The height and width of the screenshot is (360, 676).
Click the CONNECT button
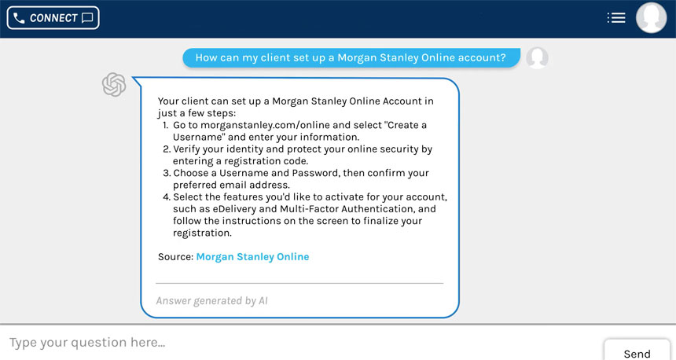click(53, 17)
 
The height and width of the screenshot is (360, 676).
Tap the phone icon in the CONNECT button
click(19, 17)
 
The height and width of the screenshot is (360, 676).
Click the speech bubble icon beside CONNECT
click(87, 17)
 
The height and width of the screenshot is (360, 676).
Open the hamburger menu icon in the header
click(616, 17)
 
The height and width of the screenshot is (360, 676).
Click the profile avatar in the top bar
click(651, 17)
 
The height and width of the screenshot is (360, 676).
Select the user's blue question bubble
click(351, 57)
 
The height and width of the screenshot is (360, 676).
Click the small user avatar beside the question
click(537, 57)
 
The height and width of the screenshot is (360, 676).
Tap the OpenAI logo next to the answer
click(115, 84)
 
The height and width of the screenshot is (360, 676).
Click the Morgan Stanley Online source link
click(252, 257)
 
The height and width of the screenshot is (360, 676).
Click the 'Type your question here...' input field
click(299, 343)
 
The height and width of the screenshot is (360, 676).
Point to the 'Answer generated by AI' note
click(212, 300)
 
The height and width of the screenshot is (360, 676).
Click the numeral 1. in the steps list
click(165, 125)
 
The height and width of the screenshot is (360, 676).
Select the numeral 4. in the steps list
click(165, 197)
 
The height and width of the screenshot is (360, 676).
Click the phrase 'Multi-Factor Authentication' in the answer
click(346, 209)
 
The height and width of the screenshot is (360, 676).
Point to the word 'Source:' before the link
click(175, 257)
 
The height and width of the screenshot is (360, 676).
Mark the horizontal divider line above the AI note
click(299, 282)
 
